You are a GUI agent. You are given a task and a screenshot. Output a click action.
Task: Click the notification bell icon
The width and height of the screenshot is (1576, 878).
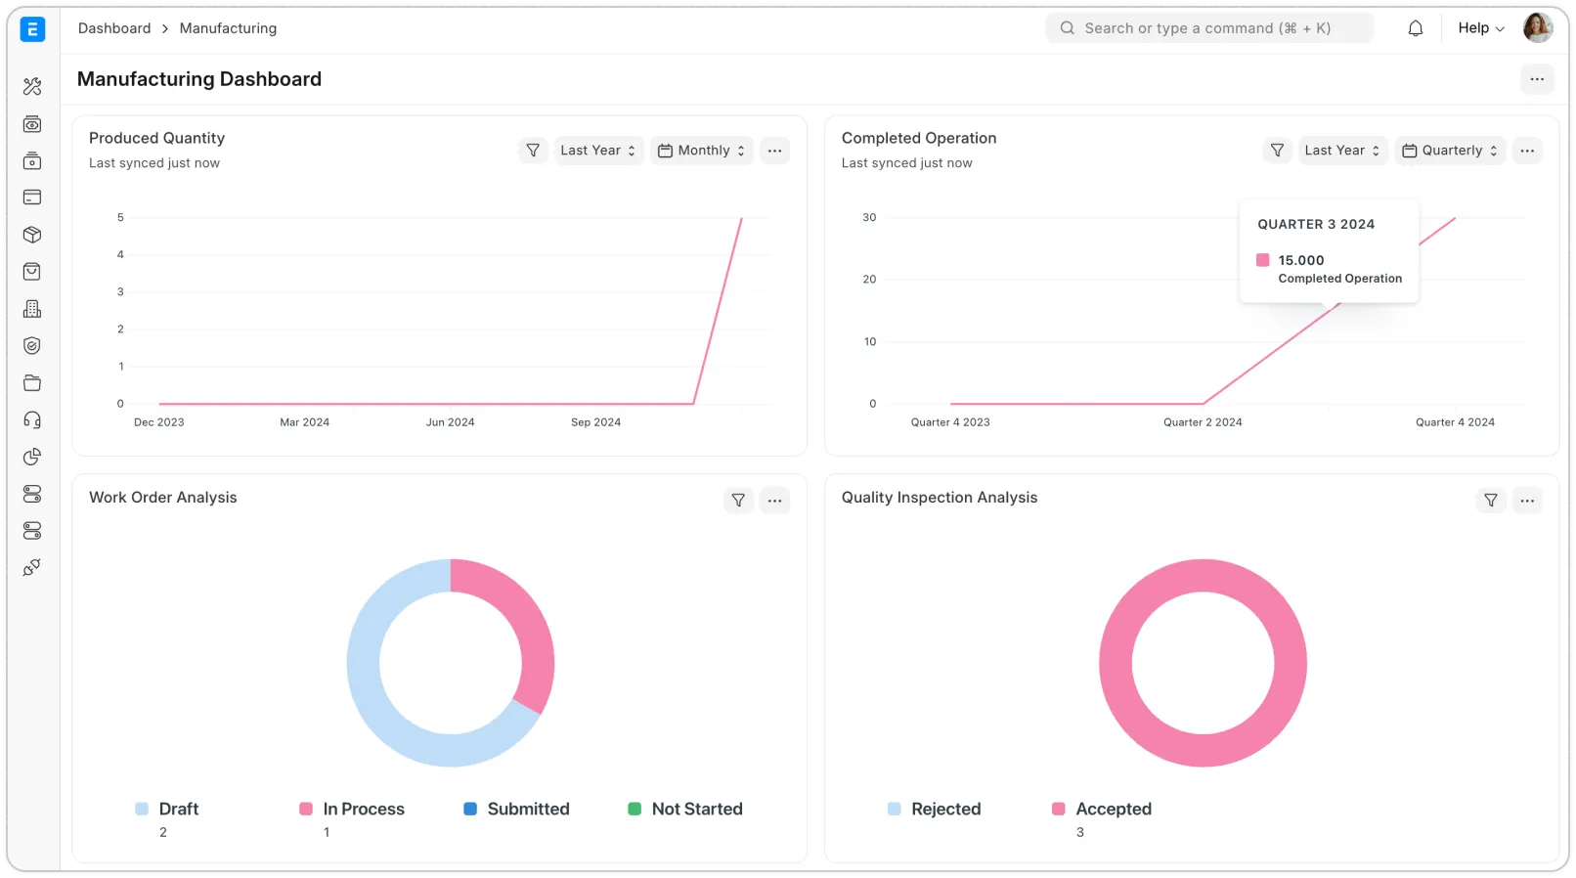1415,28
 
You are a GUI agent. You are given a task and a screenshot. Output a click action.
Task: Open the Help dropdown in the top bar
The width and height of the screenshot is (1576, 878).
1480,28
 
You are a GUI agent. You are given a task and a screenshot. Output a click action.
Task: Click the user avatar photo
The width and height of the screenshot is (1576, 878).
1537,27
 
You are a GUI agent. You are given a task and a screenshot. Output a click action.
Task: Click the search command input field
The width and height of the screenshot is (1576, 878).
1208,28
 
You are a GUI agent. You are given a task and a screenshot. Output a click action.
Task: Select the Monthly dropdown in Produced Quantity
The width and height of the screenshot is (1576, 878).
702,151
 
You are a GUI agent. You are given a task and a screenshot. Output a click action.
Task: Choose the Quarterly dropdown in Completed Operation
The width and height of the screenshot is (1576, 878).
1450,151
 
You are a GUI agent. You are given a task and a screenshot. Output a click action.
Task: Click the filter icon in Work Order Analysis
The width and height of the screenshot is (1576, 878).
738,501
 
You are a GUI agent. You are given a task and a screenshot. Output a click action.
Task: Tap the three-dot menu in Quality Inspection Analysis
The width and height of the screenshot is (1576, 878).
1527,501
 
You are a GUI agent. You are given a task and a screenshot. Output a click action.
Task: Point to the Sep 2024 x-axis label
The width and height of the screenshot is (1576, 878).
595,422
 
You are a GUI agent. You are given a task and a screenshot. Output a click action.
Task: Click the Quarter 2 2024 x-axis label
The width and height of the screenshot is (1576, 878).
1203,422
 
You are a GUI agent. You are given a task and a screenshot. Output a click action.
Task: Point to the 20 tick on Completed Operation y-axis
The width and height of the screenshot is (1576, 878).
869,280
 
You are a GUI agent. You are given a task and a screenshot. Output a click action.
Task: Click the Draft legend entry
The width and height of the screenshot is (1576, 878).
178,810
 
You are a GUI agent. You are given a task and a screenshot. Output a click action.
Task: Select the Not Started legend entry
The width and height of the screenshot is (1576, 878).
696,810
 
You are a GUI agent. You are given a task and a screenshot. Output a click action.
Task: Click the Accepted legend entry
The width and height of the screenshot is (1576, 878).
1113,810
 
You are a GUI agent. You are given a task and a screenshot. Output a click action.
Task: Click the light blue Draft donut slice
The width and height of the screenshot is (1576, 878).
381,704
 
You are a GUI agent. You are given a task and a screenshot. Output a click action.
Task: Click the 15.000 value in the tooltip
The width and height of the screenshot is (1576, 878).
1300,261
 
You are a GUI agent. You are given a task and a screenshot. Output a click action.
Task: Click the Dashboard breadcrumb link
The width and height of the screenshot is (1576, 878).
114,28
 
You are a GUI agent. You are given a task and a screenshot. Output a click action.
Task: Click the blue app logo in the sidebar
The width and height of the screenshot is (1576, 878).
32,29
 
